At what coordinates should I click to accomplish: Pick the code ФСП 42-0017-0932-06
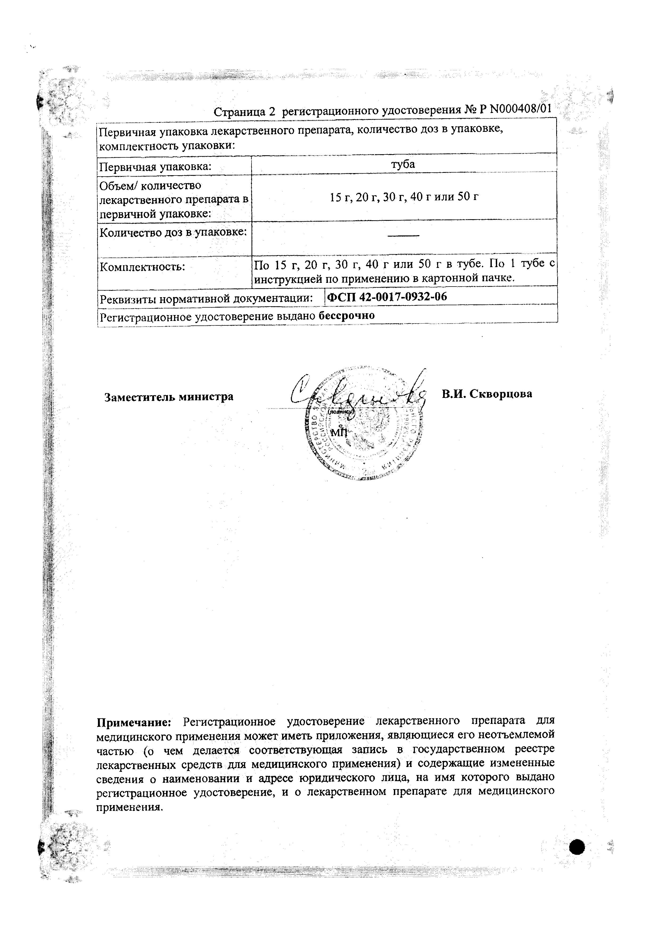point(387,297)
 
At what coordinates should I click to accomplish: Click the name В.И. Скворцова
point(487,394)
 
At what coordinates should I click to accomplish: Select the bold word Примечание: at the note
point(134,722)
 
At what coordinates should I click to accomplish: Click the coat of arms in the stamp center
point(370,423)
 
